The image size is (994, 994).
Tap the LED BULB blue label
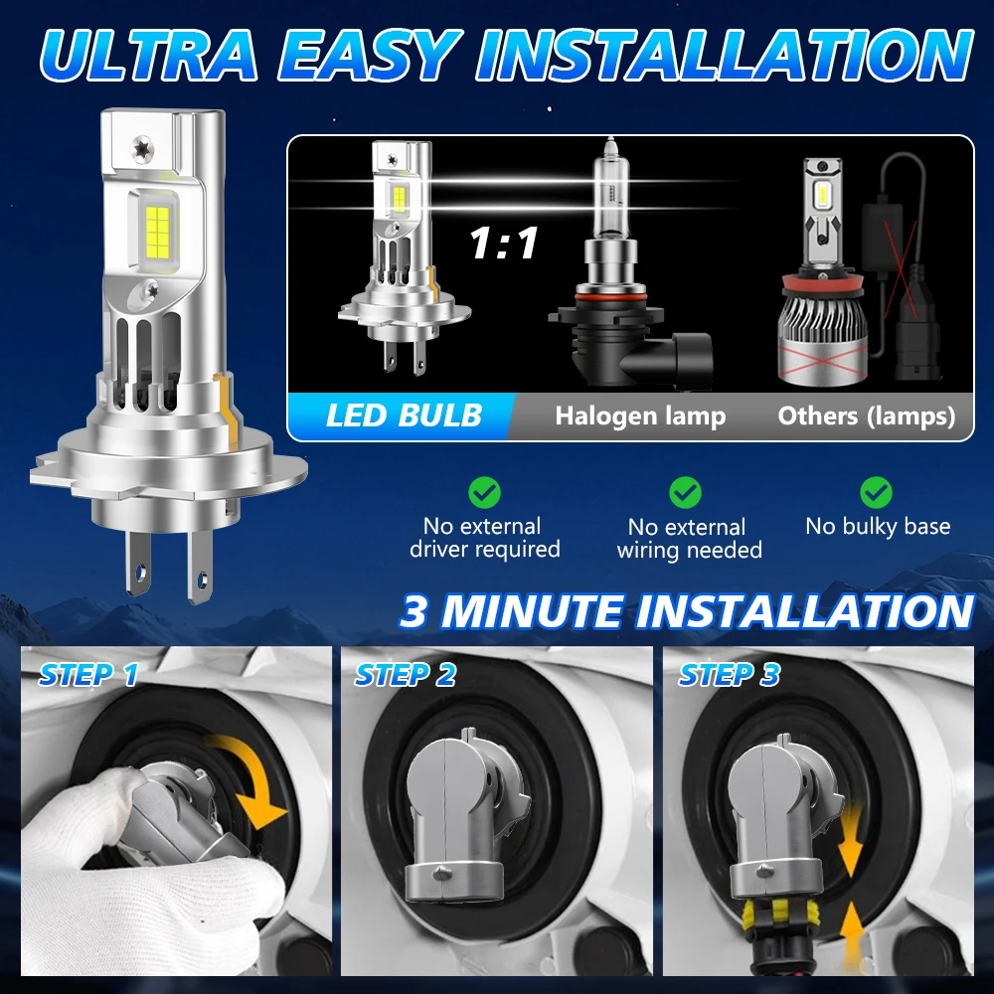coord(404,414)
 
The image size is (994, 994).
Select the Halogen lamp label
coord(640,415)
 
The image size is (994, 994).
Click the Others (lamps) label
coord(866,415)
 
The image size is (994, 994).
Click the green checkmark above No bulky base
coord(876,491)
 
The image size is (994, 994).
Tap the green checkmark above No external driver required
coord(484,492)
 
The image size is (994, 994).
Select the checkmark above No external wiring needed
coord(685,491)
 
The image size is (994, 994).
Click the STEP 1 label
coord(88,675)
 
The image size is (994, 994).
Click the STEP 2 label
coord(405,675)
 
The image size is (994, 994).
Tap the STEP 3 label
coord(729,675)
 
